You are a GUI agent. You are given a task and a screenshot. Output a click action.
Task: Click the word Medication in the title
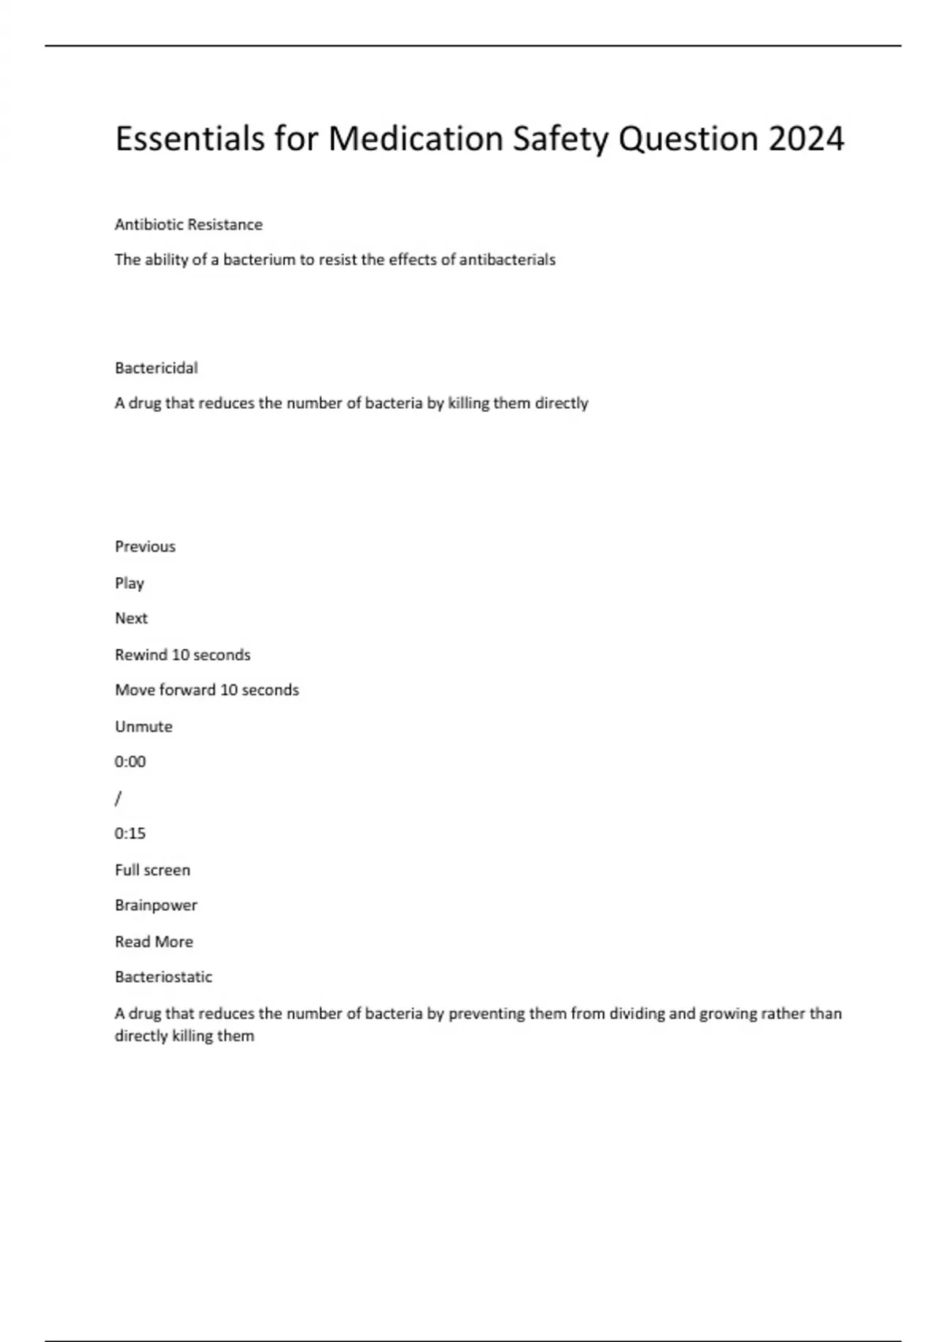pos(416,139)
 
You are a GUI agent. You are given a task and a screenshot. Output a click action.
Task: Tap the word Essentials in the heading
pos(189,139)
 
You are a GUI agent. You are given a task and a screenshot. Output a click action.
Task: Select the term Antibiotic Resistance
pos(189,225)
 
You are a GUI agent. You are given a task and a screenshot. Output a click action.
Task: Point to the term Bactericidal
pos(156,368)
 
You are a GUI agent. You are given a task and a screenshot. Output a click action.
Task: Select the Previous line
pos(145,546)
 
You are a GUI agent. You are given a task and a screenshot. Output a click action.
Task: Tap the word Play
pos(129,583)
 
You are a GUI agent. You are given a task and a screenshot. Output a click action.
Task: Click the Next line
pos(131,618)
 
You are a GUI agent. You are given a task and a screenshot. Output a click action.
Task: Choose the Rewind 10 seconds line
pos(182,654)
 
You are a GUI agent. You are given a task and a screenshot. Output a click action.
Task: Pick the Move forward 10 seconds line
pos(207,690)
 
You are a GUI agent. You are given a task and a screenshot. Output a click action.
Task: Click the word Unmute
pos(144,726)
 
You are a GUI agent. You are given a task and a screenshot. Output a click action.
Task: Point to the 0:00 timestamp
pos(130,762)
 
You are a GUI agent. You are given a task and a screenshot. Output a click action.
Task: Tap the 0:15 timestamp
pos(130,834)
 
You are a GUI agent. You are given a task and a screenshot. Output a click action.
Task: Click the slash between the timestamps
pos(118,798)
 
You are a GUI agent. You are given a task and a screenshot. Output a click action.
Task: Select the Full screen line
pos(152,870)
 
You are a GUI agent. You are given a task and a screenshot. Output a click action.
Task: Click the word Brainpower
pos(156,905)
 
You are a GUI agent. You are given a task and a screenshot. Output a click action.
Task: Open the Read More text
pos(154,942)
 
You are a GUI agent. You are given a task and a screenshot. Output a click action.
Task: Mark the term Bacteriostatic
pos(163,977)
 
